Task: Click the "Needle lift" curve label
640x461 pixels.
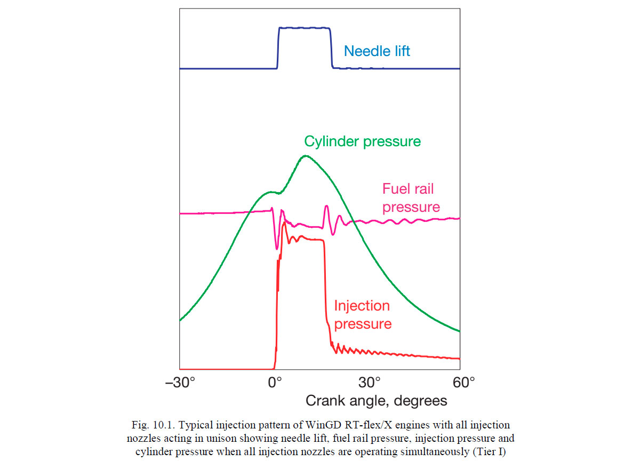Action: (377, 51)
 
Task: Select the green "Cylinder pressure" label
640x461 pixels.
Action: (362, 141)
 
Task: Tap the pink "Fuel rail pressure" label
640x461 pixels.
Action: (411, 198)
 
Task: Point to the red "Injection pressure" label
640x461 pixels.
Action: (362, 315)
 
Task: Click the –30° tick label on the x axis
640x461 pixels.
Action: (181, 383)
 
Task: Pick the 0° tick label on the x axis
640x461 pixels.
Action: (275, 383)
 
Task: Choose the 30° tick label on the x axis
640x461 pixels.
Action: (369, 383)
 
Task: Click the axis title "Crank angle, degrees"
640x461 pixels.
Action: (376, 400)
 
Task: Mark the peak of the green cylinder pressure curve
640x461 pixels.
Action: (305, 156)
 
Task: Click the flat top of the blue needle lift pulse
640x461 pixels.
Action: (304, 28)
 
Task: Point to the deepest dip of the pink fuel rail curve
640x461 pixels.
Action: (277, 249)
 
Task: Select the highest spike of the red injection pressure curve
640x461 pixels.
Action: (284, 222)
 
